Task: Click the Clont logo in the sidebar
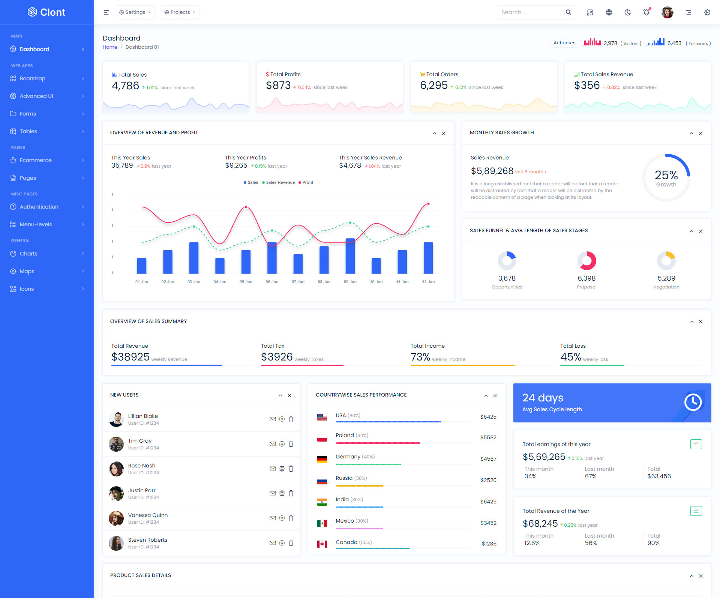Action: [x=46, y=12]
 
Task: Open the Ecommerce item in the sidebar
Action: [x=36, y=160]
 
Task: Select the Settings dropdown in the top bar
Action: [x=135, y=12]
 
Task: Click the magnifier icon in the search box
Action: [x=568, y=12]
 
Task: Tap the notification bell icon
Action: [x=646, y=12]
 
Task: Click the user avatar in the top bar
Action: [x=667, y=12]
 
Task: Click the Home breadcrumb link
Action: [x=110, y=47]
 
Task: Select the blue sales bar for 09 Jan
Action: [x=350, y=256]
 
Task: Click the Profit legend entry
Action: [x=306, y=183]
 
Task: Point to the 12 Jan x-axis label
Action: [x=428, y=282]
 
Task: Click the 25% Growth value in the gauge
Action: [x=666, y=175]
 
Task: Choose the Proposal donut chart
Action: [x=586, y=261]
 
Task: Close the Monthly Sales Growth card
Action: [x=700, y=134]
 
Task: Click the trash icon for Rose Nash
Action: [x=291, y=469]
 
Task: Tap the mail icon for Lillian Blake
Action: [x=273, y=419]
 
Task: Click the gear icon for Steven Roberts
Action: [x=282, y=543]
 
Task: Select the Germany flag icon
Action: [x=322, y=459]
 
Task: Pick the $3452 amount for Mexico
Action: [x=488, y=523]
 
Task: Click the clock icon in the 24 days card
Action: [x=693, y=403]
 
